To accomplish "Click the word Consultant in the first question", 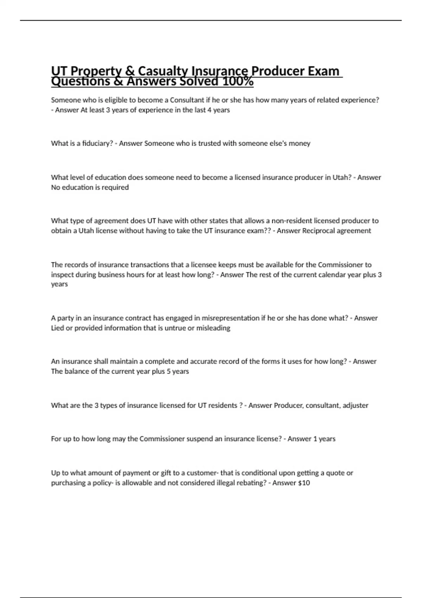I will [x=187, y=100].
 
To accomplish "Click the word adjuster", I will [x=356, y=405].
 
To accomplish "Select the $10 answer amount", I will [x=304, y=483].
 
